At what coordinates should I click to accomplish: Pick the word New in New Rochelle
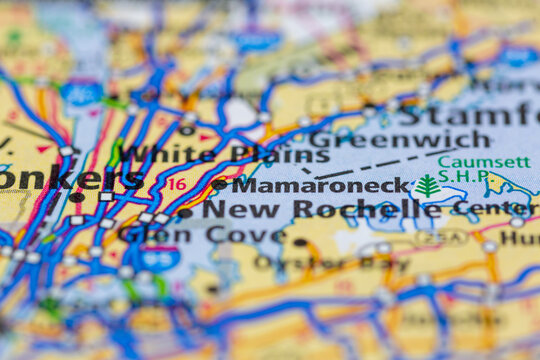[227, 210]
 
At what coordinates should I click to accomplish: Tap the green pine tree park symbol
[428, 186]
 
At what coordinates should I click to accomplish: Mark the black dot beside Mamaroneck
[219, 184]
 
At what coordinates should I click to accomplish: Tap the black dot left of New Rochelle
[185, 213]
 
